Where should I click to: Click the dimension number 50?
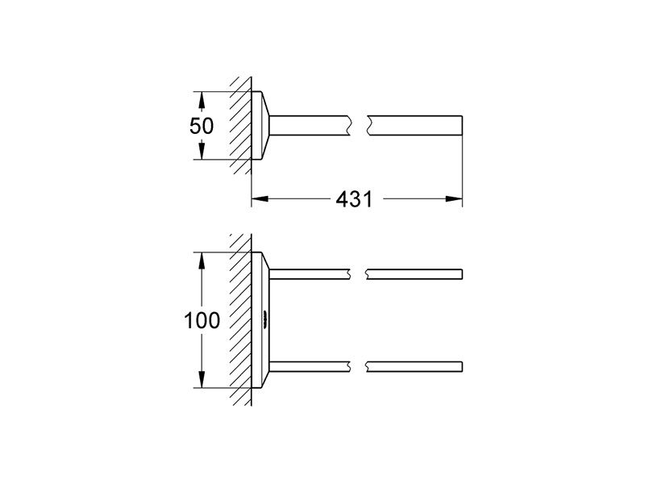[202, 126]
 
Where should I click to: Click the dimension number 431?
[354, 199]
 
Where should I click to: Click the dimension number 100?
[202, 320]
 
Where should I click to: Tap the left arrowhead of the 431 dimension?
[260, 198]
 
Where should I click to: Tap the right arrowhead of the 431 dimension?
[454, 198]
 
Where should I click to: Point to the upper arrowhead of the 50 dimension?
[201, 100]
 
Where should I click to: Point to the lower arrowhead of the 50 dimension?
[201, 151]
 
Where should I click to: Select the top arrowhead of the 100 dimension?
[201, 261]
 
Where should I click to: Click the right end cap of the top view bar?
[462, 126]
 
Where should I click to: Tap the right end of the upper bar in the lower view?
[462, 274]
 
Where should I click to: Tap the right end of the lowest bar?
[462, 367]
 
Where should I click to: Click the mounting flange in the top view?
[260, 125]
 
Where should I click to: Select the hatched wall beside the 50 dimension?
[240, 125]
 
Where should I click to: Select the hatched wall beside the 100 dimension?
[240, 319]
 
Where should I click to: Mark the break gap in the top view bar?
[359, 126]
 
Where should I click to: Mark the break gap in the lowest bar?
[358, 367]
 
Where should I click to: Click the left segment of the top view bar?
[310, 126]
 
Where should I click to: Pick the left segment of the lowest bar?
[310, 367]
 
